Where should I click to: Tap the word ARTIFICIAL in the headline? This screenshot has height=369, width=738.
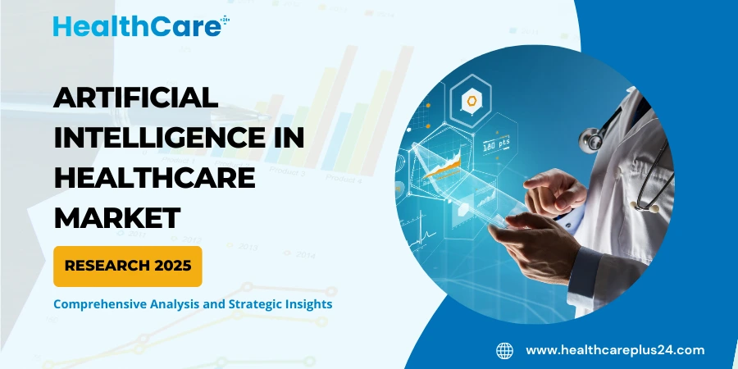point(136,98)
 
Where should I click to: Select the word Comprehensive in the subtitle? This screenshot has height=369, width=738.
point(101,303)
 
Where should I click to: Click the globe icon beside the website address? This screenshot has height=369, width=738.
point(504,350)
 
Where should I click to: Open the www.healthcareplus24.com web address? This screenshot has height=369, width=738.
point(614,350)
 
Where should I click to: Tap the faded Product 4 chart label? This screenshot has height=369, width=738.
point(343,178)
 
